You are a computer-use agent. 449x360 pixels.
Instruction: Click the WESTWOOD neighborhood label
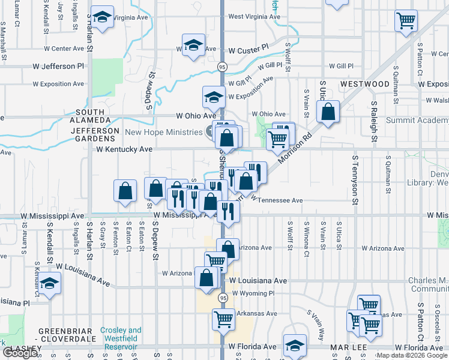pyautogui.click(x=364, y=84)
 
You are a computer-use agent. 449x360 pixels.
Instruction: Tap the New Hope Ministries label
pyautogui.click(x=163, y=132)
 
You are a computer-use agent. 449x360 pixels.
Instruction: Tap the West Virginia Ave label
pyautogui.click(x=255, y=17)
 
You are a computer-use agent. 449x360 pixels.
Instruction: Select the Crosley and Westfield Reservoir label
pyautogui.click(x=121, y=335)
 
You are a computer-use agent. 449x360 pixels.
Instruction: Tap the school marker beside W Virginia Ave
pyautogui.click(x=102, y=19)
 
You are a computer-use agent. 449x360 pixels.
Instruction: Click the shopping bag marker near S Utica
pyautogui.click(x=328, y=112)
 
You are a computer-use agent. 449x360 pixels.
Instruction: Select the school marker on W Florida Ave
pyautogui.click(x=295, y=346)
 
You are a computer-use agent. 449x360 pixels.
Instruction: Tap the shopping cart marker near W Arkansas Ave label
pyautogui.click(x=223, y=319)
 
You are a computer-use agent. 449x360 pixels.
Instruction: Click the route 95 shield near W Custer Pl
pyautogui.click(x=222, y=66)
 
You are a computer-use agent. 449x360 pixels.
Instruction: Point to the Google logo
pyautogui.click(x=20, y=353)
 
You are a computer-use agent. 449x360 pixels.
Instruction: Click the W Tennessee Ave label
pyautogui.click(x=276, y=200)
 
